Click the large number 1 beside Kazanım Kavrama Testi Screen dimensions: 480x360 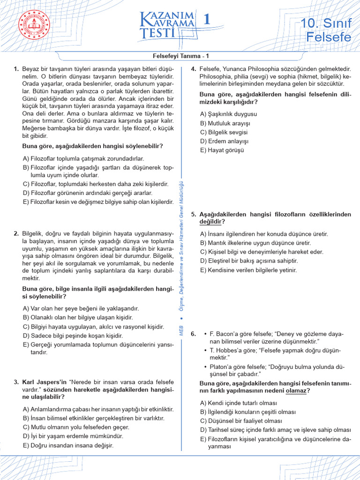206,20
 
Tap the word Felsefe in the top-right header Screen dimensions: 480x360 328,37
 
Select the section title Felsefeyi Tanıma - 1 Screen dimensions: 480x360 180,56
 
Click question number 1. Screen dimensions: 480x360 16,69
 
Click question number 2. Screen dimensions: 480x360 16,233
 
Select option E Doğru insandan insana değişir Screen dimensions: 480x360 68,445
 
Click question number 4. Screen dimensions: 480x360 193,69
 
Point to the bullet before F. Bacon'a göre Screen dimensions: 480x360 205,334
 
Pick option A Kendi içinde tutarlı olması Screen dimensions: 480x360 238,403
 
